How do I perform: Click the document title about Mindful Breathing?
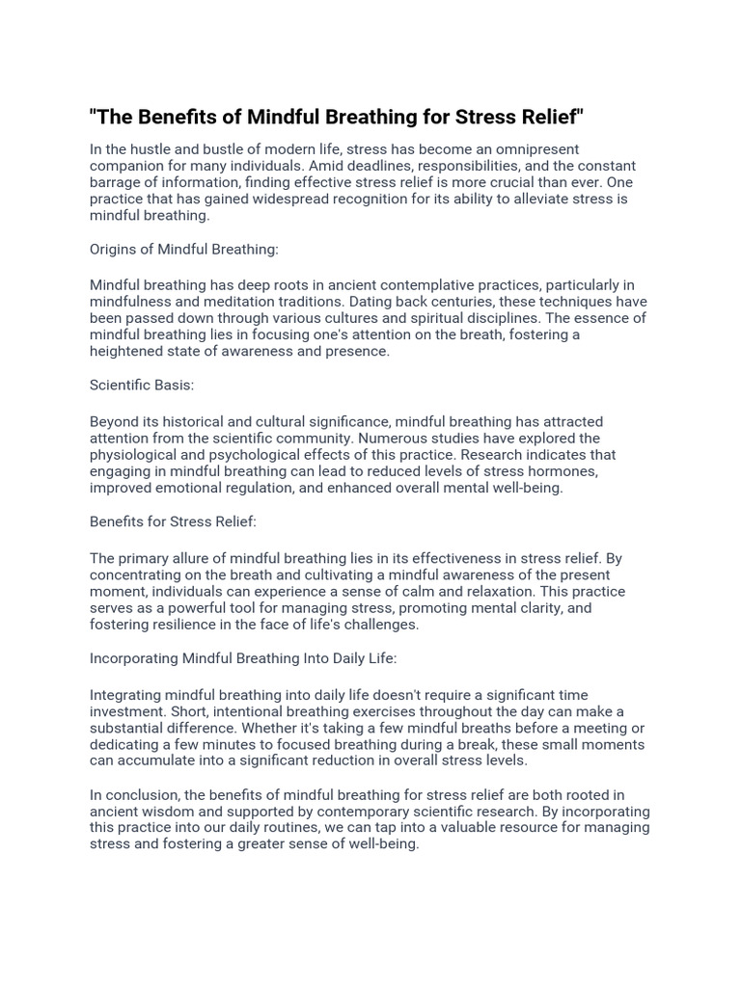point(337,118)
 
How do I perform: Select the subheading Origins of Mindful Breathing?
point(184,249)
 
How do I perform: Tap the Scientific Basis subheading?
point(142,385)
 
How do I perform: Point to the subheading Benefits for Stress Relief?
point(173,521)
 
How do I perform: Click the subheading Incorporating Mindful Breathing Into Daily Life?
point(243,658)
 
